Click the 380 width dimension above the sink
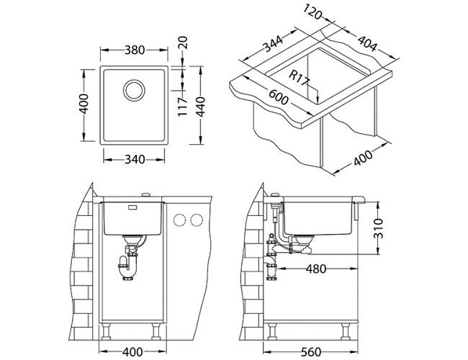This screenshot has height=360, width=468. coord(135,50)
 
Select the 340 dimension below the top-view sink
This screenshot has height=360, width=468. coord(135,159)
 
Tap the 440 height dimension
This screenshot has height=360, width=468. coord(200,107)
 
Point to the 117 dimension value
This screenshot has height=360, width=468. coord(182,107)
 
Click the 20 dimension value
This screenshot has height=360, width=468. coord(182,42)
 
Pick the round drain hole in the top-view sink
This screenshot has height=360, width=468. coord(135,90)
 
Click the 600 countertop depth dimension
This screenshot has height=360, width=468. coord(279,97)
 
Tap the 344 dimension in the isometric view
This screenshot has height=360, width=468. coord(273,43)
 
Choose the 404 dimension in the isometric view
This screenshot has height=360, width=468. coord(367,44)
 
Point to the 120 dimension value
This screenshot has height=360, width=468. coord(312,12)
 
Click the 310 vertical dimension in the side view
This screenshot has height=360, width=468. coord(378,228)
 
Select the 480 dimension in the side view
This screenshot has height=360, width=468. coord(316,269)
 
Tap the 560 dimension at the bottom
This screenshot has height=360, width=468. coord(311,352)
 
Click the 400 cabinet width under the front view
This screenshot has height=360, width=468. coord(132,352)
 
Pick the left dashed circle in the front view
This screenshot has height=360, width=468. coord(179,220)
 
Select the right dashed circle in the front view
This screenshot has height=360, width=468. coord(197,220)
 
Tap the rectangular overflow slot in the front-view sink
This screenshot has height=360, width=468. coord(132,207)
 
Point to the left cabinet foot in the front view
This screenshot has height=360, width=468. coord(107,331)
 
